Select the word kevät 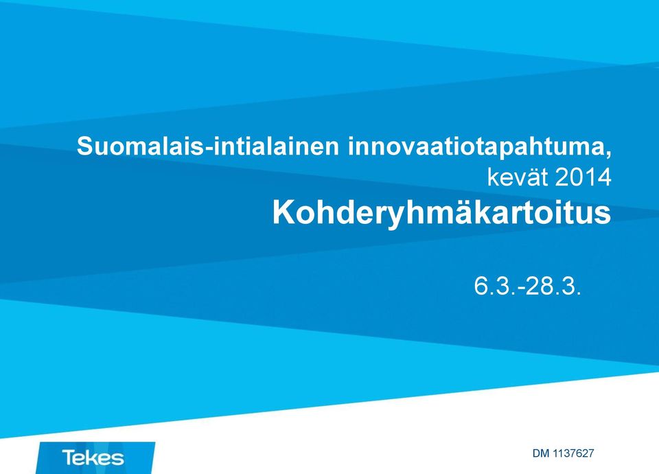point(518,177)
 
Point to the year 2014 point(583,177)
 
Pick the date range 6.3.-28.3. point(527,286)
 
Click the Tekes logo point(95,458)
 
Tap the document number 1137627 point(573,453)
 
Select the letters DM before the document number point(542,453)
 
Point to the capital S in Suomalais point(85,146)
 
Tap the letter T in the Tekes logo point(69,457)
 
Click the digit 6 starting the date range point(481,286)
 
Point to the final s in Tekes point(119,458)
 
